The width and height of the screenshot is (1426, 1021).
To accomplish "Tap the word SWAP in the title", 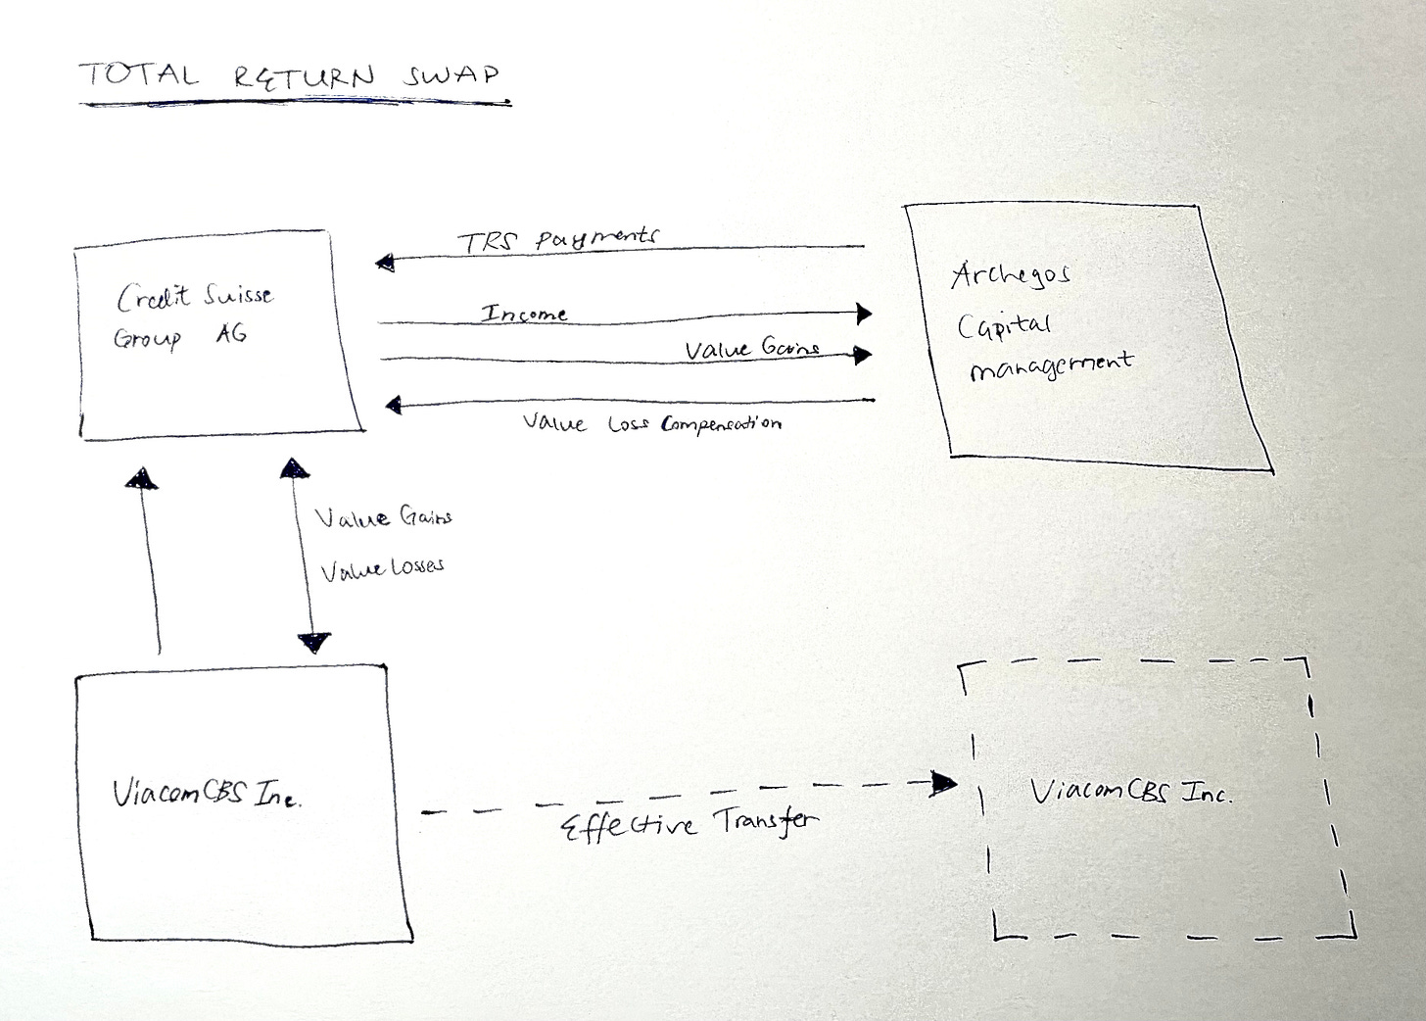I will [451, 74].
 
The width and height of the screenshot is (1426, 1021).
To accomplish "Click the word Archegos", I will [1010, 276].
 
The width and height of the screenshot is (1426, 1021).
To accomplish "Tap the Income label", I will [524, 314].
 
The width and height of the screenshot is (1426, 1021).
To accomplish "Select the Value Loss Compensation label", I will [651, 423].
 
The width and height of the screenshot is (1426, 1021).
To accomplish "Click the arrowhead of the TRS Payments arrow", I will [385, 262].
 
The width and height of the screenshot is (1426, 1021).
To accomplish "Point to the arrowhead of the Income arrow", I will [863, 313].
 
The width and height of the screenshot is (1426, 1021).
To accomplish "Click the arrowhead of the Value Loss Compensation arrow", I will [394, 404].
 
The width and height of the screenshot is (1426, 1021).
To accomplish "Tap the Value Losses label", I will [382, 567].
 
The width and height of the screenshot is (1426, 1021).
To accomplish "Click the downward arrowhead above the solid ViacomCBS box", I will [314, 643].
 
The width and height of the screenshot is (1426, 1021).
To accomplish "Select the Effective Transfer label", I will [689, 823].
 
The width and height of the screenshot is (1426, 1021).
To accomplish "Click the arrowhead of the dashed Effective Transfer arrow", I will [945, 782].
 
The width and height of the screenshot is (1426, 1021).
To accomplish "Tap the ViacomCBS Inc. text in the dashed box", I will [1130, 792].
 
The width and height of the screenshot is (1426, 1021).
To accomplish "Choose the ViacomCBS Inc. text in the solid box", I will [207, 794].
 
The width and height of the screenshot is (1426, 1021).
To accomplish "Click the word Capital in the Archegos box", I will [1003, 324].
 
